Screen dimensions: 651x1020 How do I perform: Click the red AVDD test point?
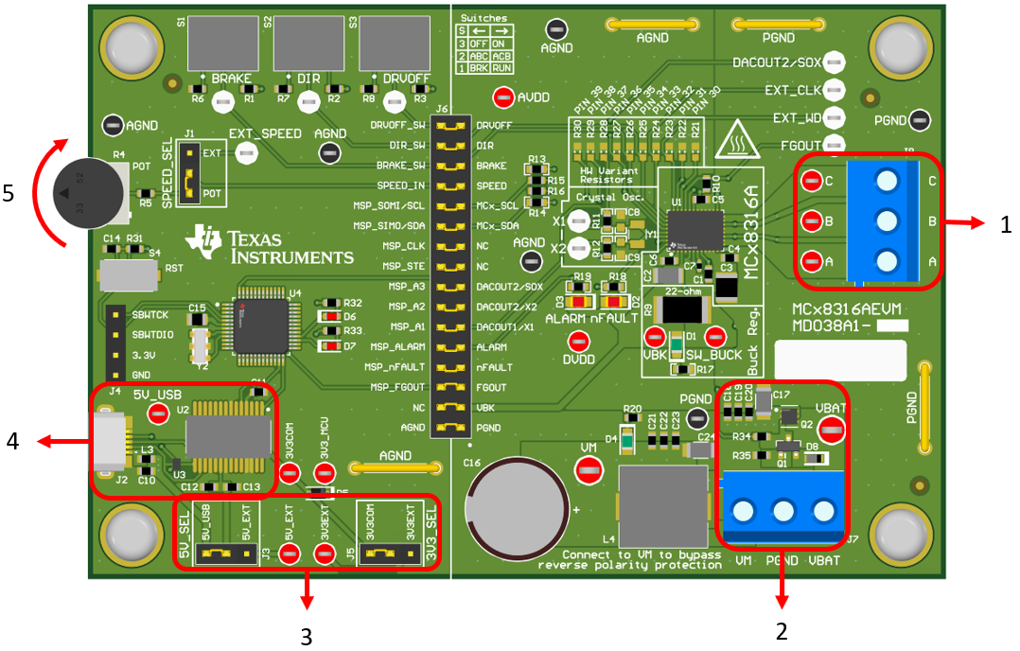tap(503, 97)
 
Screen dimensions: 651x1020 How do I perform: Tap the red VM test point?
tap(589, 467)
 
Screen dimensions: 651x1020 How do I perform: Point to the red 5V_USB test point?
tap(162, 412)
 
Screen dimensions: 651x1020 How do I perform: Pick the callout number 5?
tap(9, 193)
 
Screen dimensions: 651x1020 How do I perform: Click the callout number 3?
tap(305, 636)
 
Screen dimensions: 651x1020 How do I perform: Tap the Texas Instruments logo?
tap(270, 244)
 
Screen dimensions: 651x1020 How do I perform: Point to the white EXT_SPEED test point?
tap(247, 151)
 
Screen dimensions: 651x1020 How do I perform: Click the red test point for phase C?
tap(811, 181)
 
